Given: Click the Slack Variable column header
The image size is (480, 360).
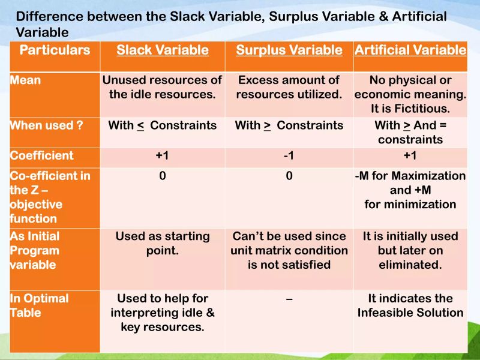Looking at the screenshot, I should pos(163,50).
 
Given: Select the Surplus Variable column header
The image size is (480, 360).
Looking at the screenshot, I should pos(289,50).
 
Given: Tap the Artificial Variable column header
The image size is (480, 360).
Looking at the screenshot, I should pos(410,50).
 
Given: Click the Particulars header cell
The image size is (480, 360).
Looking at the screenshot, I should pos(55,50).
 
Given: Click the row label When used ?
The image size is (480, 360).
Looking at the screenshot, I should pos(46,125).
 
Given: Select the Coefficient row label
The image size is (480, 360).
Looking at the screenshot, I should pos(41,156).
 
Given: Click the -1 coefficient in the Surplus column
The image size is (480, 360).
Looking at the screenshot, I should pos(289,156).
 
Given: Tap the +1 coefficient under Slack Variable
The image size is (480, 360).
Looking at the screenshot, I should pos(163,156).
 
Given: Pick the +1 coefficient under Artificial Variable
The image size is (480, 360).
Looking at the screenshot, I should pos(410,156).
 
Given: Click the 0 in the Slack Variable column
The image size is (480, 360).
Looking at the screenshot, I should pos(163,176).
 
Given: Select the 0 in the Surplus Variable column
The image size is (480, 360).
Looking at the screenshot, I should pos(289,176).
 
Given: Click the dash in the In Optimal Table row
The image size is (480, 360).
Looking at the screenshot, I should pos(289,299).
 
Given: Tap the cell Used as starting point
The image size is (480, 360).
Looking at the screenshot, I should pos(163,243).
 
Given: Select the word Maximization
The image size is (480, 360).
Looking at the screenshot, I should pos(427,176).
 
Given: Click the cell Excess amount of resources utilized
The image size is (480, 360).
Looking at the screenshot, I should pos(289,87).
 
